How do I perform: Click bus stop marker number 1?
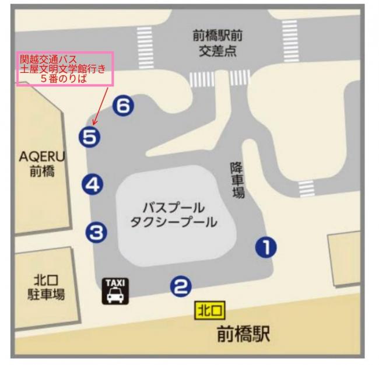click(x=266, y=248)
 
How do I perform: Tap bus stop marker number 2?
click(x=181, y=286)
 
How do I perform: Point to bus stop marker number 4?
click(x=93, y=185)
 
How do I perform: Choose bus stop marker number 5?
click(x=90, y=138)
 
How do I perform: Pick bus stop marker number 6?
click(x=124, y=106)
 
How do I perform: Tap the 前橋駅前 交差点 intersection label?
click(x=217, y=44)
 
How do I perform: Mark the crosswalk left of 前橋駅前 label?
click(x=143, y=41)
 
